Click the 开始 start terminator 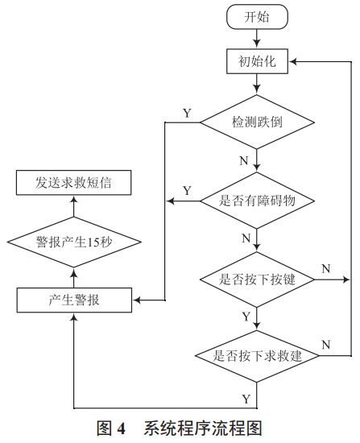point(255,16)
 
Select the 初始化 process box point(255,60)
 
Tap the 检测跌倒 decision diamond point(255,122)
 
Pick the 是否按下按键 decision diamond point(255,279)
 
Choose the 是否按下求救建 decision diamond point(255,355)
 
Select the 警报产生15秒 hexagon point(75,242)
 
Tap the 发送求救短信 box point(75,184)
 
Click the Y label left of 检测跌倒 point(187,113)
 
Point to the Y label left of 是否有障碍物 point(187,190)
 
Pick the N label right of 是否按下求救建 point(325,345)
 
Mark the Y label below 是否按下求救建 point(245,398)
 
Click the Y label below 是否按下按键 point(245,317)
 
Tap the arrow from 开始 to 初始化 point(255,37)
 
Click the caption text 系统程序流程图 point(203,429)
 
